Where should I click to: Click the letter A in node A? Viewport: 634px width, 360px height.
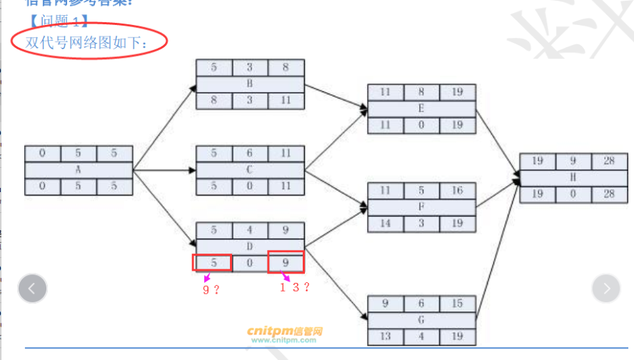(x=78, y=170)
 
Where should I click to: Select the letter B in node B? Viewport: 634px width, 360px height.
(x=250, y=84)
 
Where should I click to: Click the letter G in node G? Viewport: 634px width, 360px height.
(x=421, y=320)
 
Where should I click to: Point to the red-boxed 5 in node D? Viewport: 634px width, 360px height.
(x=213, y=262)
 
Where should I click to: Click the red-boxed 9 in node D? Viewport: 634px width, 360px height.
(x=286, y=262)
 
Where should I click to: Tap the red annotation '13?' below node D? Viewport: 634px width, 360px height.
(x=294, y=287)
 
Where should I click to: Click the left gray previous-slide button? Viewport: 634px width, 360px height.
(x=32, y=289)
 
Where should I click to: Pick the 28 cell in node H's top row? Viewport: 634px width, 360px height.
(x=608, y=161)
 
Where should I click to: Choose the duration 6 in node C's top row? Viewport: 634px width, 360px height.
(x=250, y=154)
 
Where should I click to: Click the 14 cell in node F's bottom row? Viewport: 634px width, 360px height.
(x=385, y=224)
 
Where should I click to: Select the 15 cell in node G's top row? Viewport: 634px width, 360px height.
(x=458, y=304)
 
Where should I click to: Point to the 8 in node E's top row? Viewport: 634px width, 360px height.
(x=421, y=92)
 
